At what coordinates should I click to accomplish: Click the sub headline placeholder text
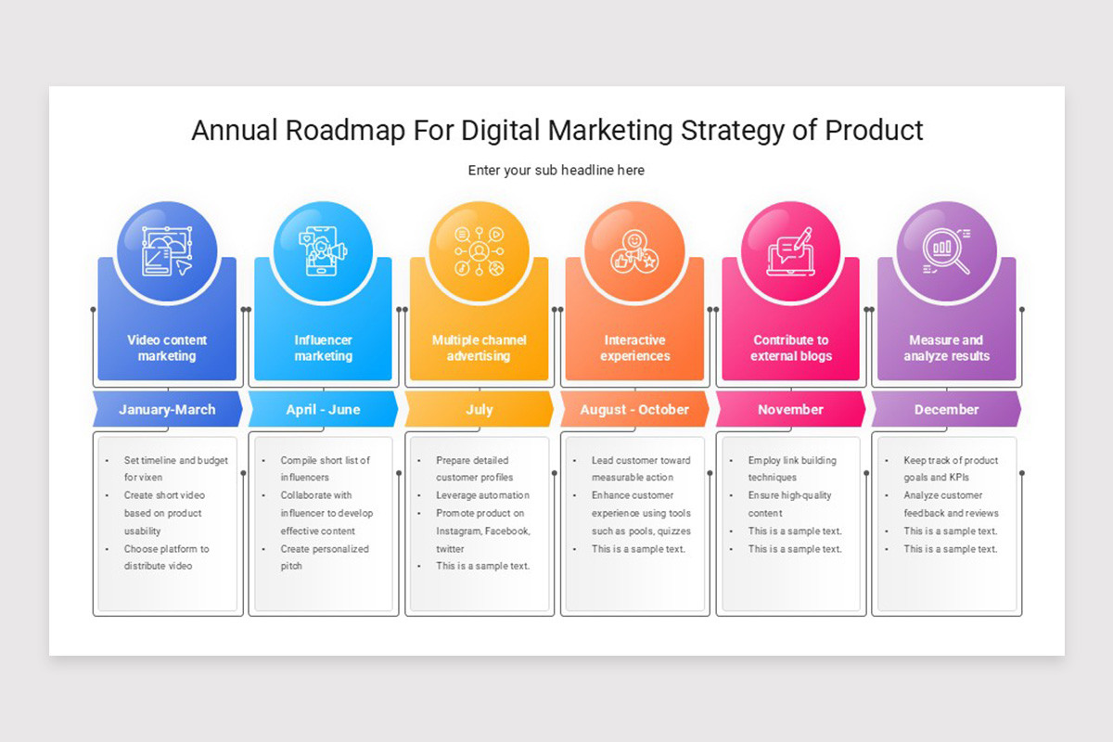556,171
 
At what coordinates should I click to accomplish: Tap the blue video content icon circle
167,251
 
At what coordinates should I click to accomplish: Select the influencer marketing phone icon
323,251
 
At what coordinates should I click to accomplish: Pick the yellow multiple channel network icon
480,251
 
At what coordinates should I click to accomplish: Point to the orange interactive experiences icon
635,251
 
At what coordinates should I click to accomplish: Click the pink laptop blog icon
791,251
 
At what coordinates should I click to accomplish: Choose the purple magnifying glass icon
947,251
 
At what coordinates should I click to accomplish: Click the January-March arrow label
167,409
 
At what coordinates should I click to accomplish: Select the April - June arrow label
323,409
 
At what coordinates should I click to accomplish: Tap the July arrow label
480,409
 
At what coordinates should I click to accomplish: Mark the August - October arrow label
635,409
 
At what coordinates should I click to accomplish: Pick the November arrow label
791,409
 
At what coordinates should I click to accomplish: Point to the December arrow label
947,409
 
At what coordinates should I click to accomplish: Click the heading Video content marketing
167,348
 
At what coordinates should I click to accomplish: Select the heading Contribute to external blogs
791,348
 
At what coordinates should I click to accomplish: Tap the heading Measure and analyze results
947,348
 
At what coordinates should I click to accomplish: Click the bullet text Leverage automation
482,495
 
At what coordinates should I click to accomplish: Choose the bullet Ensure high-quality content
790,504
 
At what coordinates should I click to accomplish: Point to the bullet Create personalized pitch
324,557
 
